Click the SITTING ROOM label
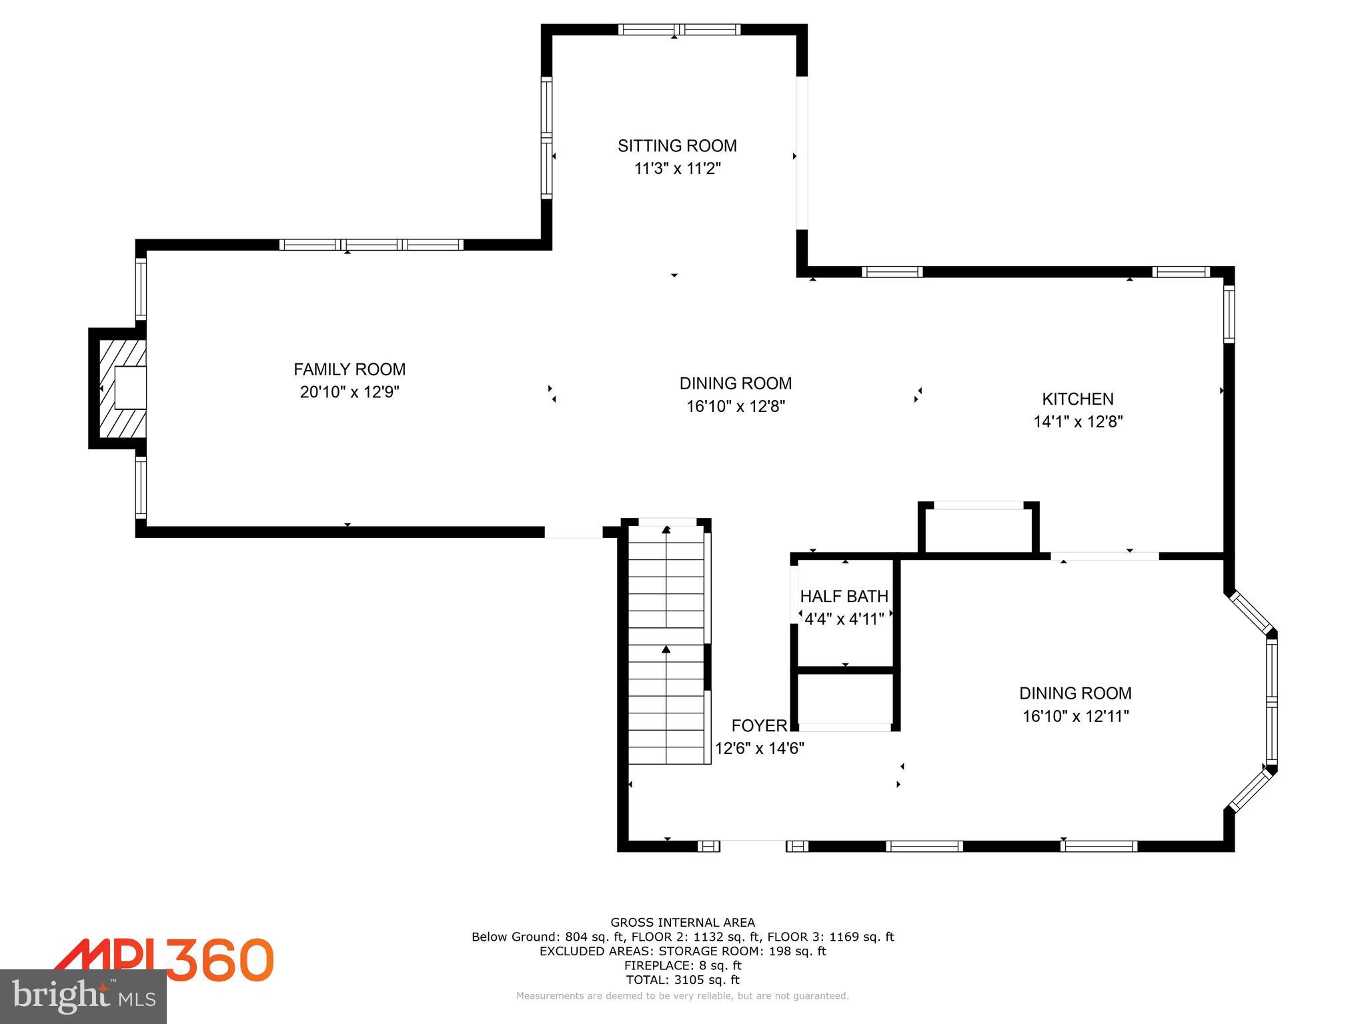pos(677,146)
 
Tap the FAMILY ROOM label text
pos(350,369)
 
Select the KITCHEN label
pos(1077,399)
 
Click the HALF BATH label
pos(844,596)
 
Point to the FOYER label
pos(759,726)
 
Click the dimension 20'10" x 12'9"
pos(350,392)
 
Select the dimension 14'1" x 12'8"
pos(1078,422)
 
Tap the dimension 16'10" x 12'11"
pos(1075,717)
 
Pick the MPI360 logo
pos(163,960)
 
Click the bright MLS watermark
pos(83,997)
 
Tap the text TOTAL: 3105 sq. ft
pos(682,980)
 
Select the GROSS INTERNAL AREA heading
pos(682,923)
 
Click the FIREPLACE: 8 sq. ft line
pos(682,965)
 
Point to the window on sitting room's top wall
pos(679,29)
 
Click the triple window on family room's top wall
pos(371,245)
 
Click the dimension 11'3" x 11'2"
pos(677,169)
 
